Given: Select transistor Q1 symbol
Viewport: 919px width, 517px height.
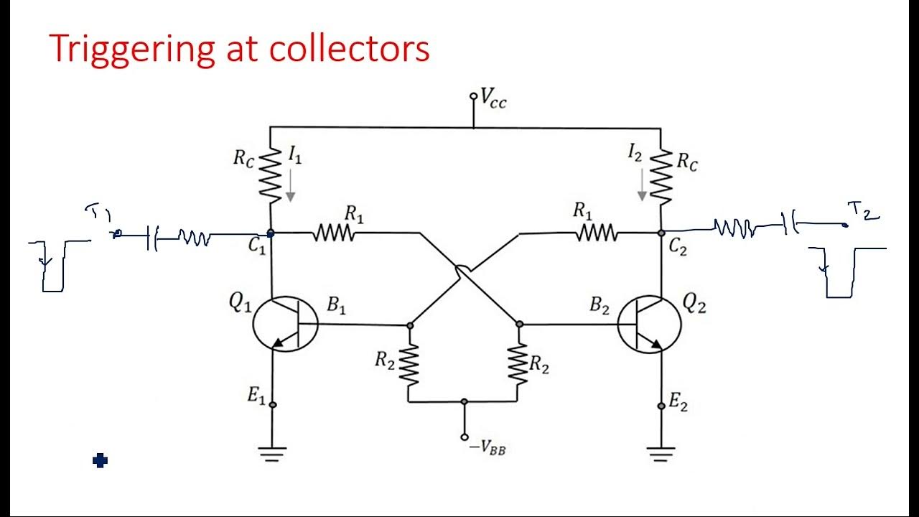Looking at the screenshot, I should [285, 323].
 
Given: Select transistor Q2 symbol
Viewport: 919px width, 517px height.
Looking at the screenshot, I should [649, 323].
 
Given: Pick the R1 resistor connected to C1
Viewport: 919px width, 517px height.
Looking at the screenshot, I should [335, 233].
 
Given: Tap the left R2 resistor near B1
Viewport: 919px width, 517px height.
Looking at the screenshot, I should [409, 365].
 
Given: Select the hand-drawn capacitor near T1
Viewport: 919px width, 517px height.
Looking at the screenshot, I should [151, 238].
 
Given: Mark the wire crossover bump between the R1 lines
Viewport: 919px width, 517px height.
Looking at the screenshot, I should [464, 271].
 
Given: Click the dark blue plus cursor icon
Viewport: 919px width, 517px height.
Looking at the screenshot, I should [100, 461].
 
